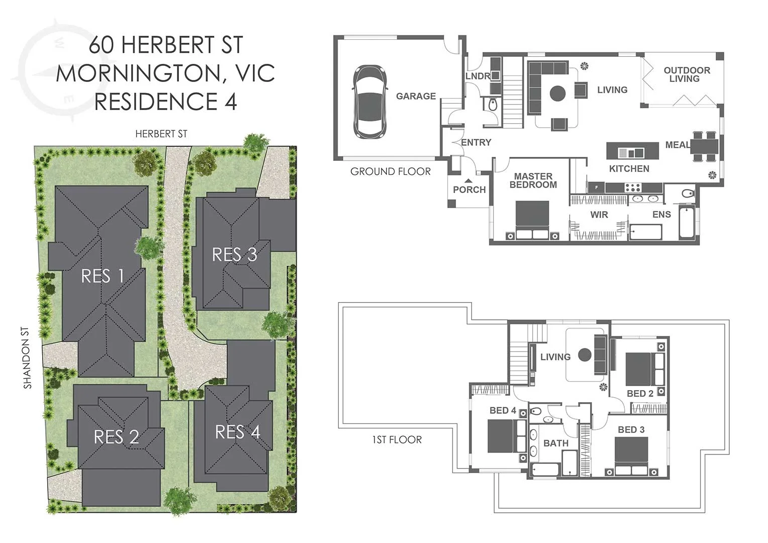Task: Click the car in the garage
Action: [x=370, y=102]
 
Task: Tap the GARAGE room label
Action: [x=416, y=96]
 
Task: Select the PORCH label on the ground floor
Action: [x=469, y=190]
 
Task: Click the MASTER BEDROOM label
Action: [x=533, y=180]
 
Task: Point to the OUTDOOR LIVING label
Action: [x=687, y=74]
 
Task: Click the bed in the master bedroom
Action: [x=532, y=220]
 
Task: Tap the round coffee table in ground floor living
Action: [x=557, y=94]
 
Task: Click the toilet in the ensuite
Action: [x=688, y=194]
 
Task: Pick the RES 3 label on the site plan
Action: [x=235, y=254]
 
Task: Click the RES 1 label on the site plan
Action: [x=103, y=276]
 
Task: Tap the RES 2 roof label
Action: [x=117, y=437]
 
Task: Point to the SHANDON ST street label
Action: [x=27, y=358]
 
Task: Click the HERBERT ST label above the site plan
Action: [x=161, y=134]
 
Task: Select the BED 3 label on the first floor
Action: [x=631, y=429]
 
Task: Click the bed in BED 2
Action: [x=645, y=369]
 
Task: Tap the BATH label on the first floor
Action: [x=556, y=443]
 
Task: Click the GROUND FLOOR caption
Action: [x=391, y=171]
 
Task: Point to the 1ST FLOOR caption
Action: [x=397, y=440]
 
